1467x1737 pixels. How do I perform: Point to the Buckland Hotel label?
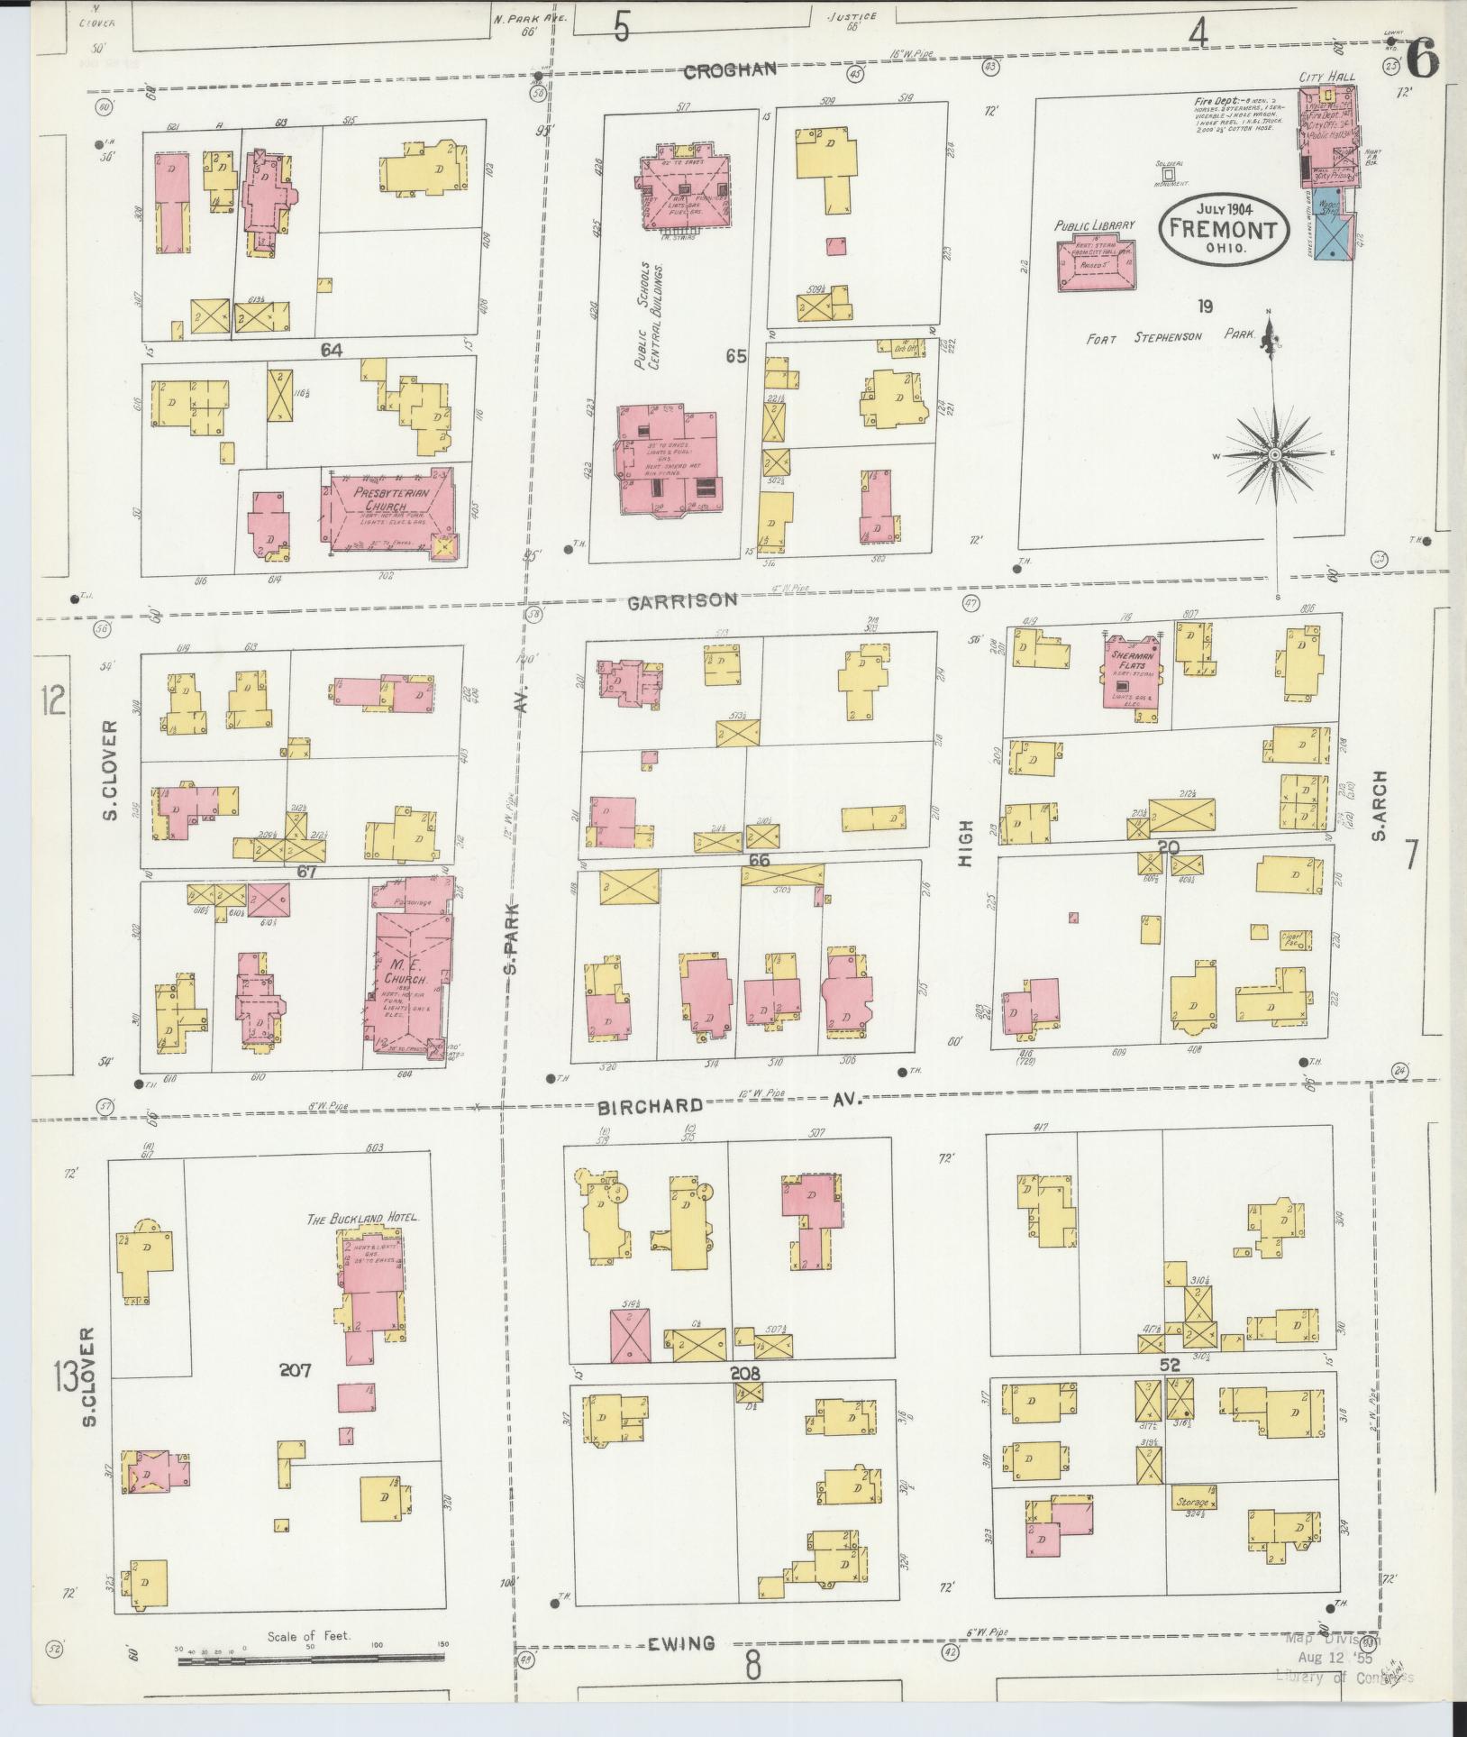pos(363,1218)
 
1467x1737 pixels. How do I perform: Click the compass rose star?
pos(1274,456)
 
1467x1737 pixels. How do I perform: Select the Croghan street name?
pos(742,69)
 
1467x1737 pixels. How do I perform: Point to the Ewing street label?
pos(682,1643)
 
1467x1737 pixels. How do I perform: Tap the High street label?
pos(967,843)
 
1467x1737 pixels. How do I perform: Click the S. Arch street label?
pos(1379,807)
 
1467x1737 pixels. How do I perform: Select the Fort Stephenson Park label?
pos(1170,337)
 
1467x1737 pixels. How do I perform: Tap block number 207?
pos(295,1395)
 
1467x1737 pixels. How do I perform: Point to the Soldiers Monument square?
pos(1168,173)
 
